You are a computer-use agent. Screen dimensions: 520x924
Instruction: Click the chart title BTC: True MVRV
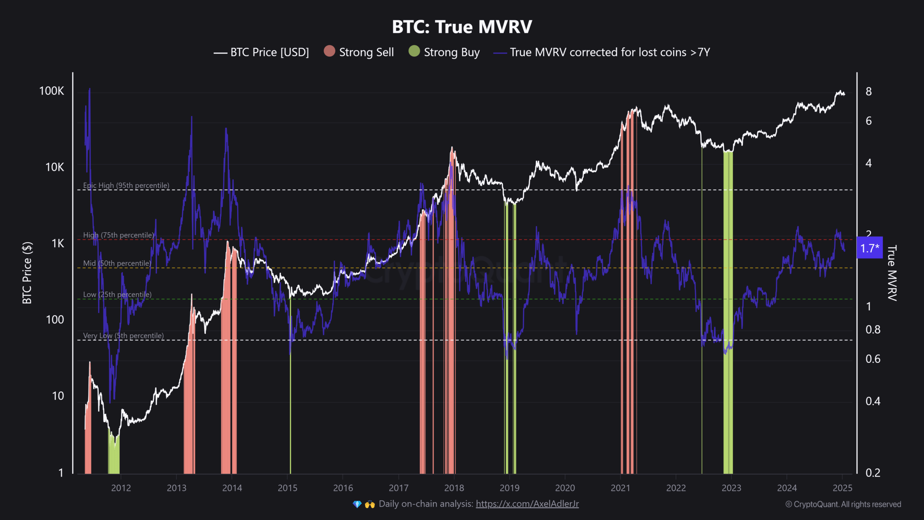coord(462,27)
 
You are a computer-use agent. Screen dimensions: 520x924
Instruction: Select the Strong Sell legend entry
coord(359,52)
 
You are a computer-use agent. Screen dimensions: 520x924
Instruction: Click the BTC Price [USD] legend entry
coord(261,52)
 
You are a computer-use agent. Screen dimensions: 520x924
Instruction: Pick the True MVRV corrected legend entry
coord(602,52)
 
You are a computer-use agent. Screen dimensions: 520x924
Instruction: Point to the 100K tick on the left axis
coord(52,91)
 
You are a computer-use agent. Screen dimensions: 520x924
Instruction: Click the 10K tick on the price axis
coord(55,167)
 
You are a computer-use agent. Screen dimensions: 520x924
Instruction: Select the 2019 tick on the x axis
coord(509,488)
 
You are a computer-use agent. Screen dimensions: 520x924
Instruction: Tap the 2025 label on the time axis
coord(842,488)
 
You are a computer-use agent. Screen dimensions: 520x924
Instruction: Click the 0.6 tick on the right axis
coord(873,359)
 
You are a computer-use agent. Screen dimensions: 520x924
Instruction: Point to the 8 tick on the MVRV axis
coord(869,91)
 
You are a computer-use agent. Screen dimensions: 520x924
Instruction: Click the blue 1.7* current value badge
coord(870,248)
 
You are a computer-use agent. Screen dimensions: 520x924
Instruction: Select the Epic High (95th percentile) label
coord(126,185)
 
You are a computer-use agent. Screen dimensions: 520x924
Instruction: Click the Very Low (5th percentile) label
coord(123,335)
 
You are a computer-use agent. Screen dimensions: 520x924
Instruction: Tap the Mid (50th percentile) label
coord(117,263)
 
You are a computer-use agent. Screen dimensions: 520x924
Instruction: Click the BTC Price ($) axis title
coord(27,273)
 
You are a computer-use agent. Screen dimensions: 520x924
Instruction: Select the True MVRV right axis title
coord(892,273)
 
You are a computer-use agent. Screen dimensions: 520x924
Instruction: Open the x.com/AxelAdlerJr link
coord(527,504)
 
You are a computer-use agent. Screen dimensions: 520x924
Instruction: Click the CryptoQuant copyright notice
coord(843,504)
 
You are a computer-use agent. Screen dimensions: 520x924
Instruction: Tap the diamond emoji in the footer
coord(357,504)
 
